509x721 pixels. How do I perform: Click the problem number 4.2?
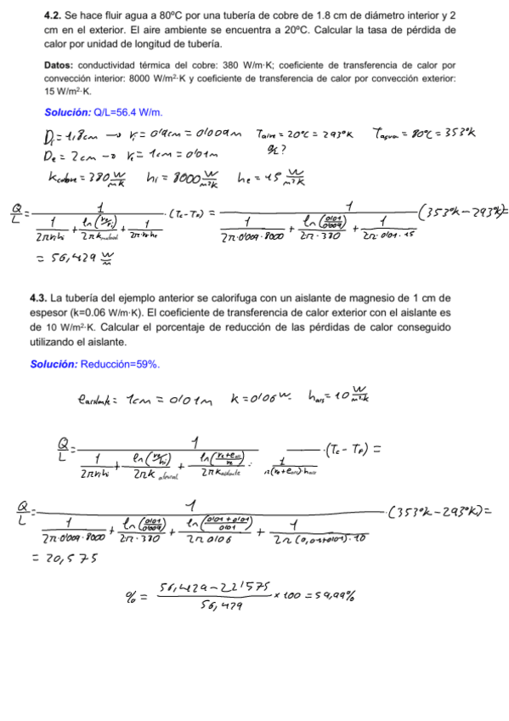(x=53, y=16)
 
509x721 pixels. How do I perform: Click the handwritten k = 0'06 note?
(x=254, y=395)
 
